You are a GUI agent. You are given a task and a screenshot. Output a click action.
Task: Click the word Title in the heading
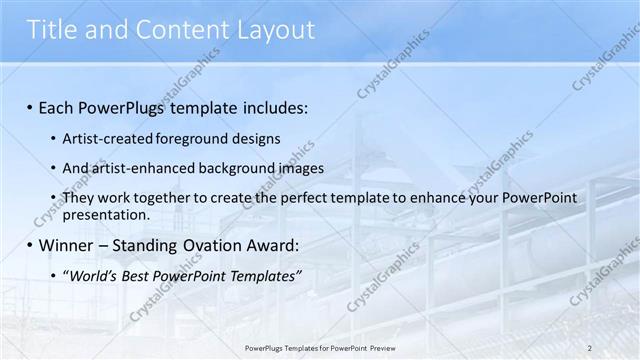click(x=53, y=31)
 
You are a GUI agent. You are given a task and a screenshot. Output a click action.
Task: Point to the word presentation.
click(x=105, y=214)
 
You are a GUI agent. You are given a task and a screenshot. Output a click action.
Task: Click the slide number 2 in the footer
click(x=590, y=348)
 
